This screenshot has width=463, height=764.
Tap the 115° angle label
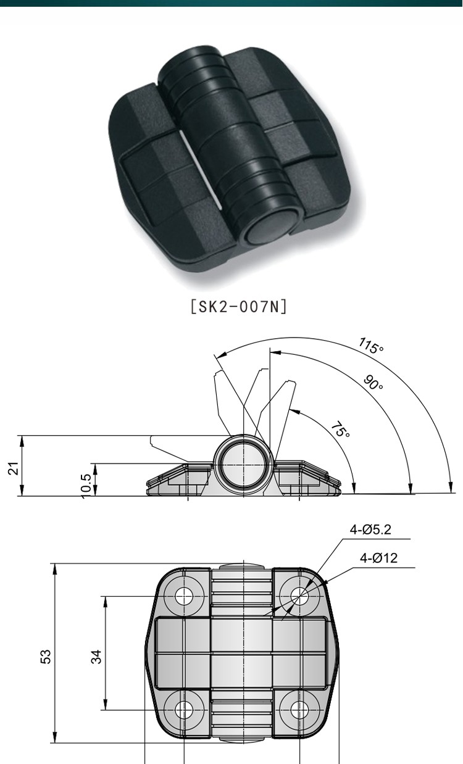[370, 346]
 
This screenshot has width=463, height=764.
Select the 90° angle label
[373, 383]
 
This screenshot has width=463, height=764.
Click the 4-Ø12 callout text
[379, 558]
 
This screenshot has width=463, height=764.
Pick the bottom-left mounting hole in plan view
[184, 710]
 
